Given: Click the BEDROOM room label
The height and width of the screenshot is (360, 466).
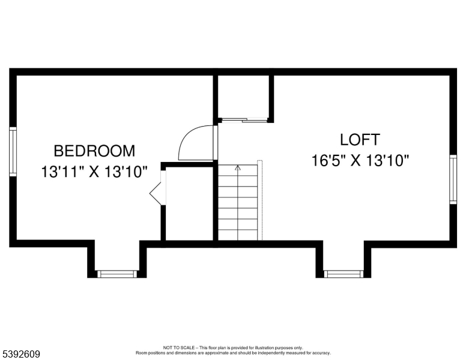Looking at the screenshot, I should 94,151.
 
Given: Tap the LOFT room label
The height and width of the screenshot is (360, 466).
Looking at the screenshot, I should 360,140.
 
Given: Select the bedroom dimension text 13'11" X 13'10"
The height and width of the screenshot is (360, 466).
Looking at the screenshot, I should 94,172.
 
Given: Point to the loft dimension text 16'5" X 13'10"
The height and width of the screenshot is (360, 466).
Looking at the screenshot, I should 360,161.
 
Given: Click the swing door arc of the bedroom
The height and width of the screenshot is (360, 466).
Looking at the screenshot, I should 195,143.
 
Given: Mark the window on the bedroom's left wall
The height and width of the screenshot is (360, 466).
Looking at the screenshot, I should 13,151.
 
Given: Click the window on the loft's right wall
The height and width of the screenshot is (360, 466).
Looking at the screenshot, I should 453,179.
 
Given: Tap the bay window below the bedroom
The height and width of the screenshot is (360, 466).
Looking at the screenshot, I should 117,274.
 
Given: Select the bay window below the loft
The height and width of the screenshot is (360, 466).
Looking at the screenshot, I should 343,274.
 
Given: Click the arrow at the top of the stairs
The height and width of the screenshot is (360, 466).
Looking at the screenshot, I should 238,168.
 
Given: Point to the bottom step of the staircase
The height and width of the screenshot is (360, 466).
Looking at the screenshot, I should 238,235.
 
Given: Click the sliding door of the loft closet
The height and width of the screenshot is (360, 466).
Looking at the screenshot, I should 244,120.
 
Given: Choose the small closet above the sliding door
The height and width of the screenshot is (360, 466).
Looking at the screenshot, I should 243,96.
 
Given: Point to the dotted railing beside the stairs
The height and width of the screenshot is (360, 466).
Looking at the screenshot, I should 260,200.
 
